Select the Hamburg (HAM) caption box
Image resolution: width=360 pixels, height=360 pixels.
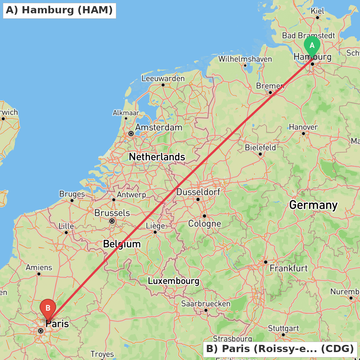pyautogui.click(x=59, y=10)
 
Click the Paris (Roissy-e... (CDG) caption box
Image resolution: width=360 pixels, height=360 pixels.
pyautogui.click(x=280, y=349)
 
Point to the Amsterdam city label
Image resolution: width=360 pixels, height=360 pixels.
pyautogui.click(x=158, y=127)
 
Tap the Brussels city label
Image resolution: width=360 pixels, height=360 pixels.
pyautogui.click(x=112, y=213)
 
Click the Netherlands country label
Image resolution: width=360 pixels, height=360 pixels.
pyautogui.click(x=157, y=157)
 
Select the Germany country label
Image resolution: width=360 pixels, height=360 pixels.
pyautogui.click(x=313, y=205)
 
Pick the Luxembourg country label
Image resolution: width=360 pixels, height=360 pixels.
pyautogui.click(x=174, y=281)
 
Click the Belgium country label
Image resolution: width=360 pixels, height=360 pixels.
pyautogui.click(x=122, y=244)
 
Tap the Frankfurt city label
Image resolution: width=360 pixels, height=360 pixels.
pyautogui.click(x=289, y=268)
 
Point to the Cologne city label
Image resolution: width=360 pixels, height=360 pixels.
pyautogui.click(x=204, y=224)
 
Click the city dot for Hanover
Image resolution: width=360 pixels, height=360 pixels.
pyautogui.click(x=303, y=134)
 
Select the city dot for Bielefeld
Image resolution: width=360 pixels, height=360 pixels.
pyautogui.click(x=260, y=154)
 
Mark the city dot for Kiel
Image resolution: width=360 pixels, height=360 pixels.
pyautogui.click(x=318, y=17)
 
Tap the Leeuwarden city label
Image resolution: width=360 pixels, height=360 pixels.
pyautogui.click(x=163, y=78)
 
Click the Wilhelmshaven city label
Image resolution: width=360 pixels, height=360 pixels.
pyautogui.click(x=245, y=59)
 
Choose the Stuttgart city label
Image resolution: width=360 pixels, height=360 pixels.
pyautogui.click(x=283, y=328)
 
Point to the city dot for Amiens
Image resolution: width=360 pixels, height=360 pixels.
pyautogui.click(x=39, y=274)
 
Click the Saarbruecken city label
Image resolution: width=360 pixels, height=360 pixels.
pyautogui.click(x=206, y=303)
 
